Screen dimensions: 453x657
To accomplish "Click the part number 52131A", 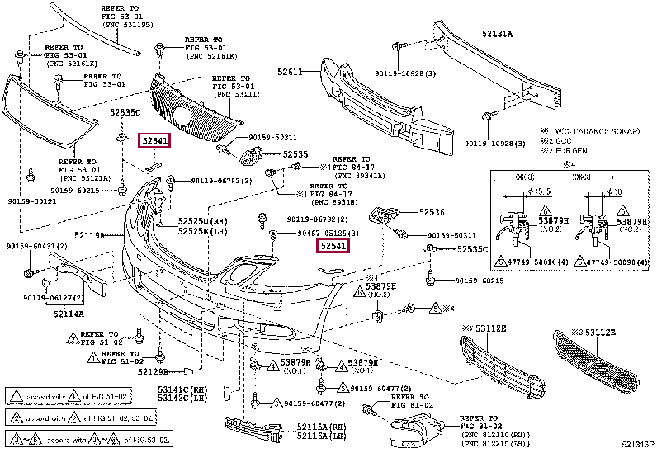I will coord(498,34).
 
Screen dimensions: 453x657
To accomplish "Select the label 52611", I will coord(291,73).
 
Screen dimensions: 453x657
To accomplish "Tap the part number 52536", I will coord(432,212).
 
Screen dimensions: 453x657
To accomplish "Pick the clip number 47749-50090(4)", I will coord(618,261).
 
